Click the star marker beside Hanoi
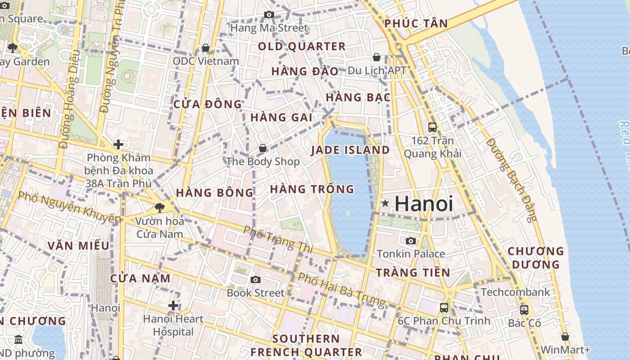click(x=385, y=203)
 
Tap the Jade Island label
click(x=350, y=150)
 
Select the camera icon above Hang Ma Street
click(x=269, y=15)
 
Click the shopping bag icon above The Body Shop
click(x=263, y=148)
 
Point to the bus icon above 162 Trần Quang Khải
click(x=432, y=127)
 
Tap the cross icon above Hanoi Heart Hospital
click(x=173, y=306)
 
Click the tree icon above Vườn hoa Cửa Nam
click(x=159, y=208)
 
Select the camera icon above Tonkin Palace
click(x=410, y=241)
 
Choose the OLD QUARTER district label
click(x=301, y=46)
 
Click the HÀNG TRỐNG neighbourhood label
click(x=312, y=189)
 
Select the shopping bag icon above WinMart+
click(x=565, y=337)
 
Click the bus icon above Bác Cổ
click(x=524, y=310)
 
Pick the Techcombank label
click(x=515, y=292)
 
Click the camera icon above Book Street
click(x=256, y=280)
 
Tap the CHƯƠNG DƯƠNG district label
click(x=535, y=257)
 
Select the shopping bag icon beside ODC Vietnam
click(x=206, y=48)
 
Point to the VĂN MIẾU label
click(x=78, y=246)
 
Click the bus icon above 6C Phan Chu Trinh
click(x=444, y=308)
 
